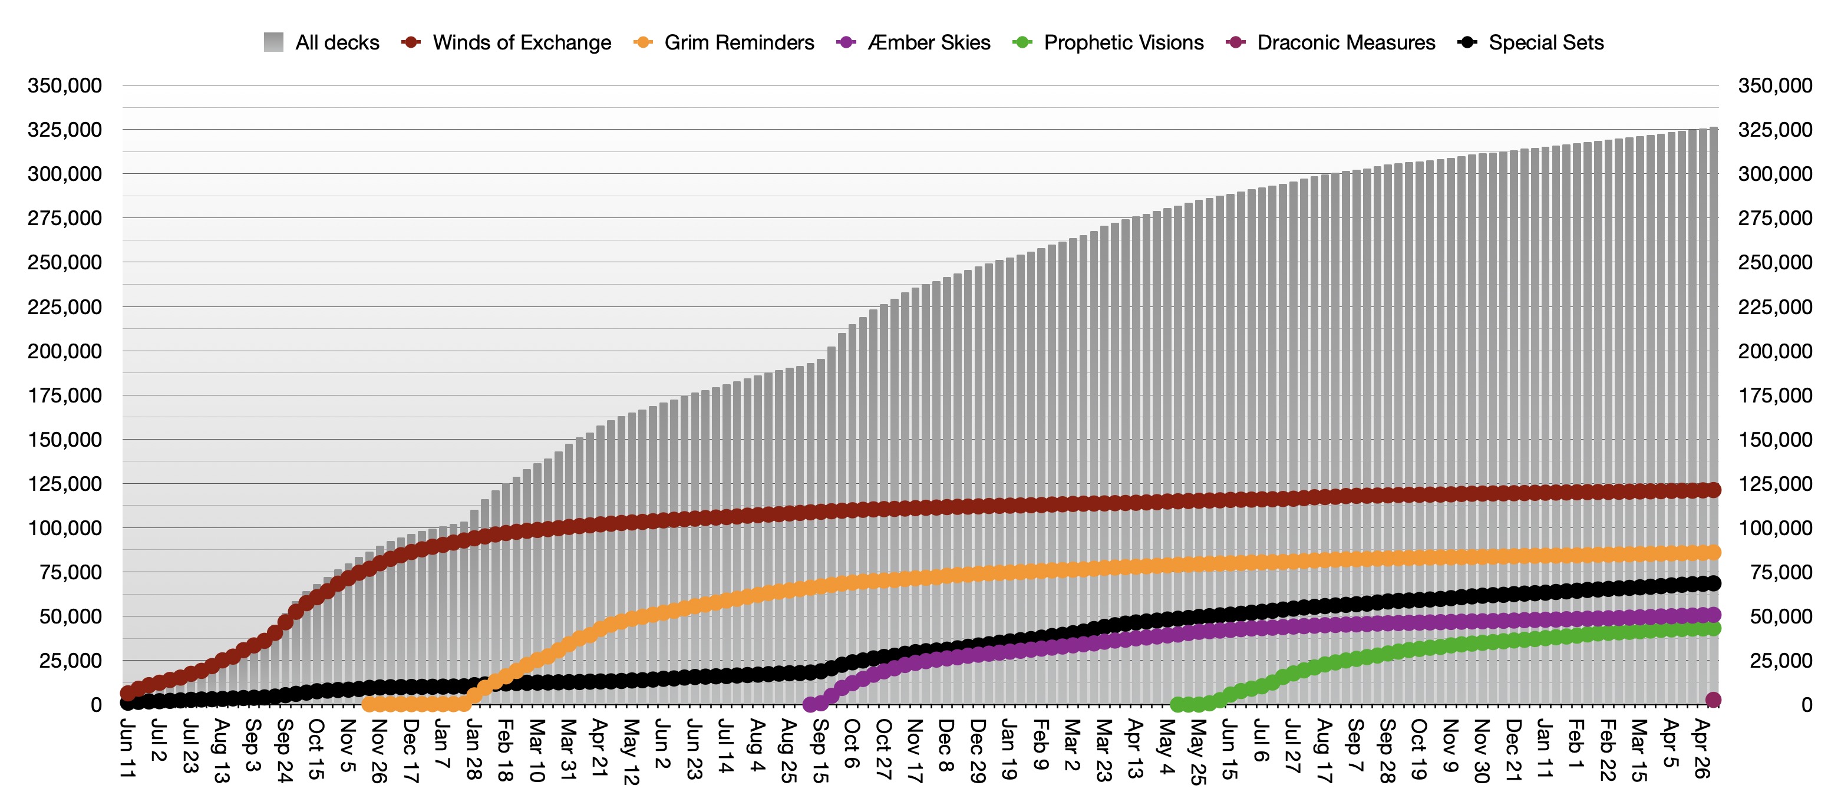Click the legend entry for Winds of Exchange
pos(506,43)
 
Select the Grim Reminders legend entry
pos(723,43)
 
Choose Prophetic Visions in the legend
pos(1108,43)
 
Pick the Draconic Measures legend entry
pos(1330,43)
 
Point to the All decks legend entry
pos(322,43)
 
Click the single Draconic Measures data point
pos(1713,700)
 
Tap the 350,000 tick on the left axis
pos(64,86)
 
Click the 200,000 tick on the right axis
pos(1775,351)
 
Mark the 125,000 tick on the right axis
pos(1775,484)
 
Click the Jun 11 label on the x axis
pos(127,748)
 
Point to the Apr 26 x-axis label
pos(1702,748)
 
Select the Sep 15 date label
pos(820,750)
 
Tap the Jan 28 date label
pos(473,749)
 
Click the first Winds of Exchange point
pos(128,693)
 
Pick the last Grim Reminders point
pos(1713,552)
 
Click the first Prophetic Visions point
pos(1177,705)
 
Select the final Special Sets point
pos(1713,583)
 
